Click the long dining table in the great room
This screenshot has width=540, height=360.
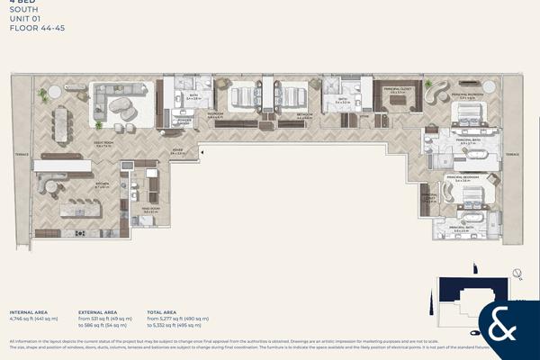61,125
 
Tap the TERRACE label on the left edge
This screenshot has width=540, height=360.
22,154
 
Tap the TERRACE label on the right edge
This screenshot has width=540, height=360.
511,154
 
